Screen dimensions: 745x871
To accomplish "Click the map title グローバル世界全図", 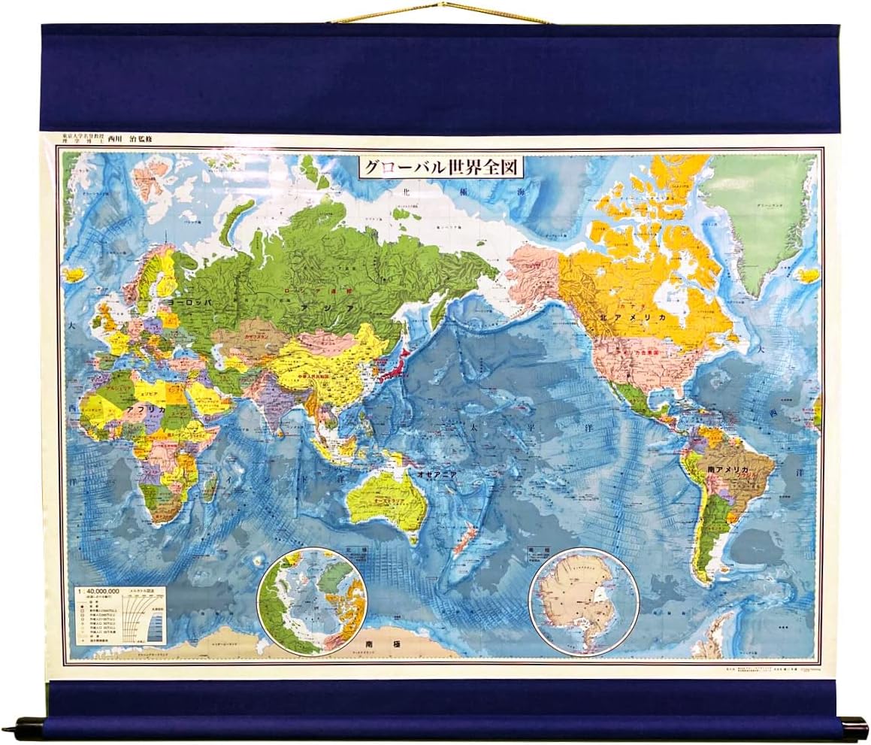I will point(441,166).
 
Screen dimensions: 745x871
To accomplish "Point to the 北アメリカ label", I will point(632,317).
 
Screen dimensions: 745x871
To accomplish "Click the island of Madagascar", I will point(210,487).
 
